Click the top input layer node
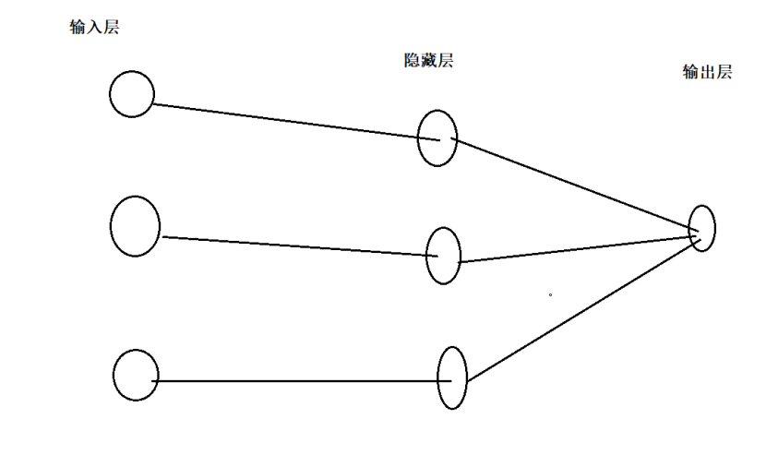132,94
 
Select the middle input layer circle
135,226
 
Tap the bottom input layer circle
136,375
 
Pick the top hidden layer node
437,138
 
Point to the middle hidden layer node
443,256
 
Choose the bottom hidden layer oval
452,377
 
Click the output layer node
702,228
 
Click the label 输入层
94,28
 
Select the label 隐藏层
429,61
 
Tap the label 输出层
707,73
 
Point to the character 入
94,28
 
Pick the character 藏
429,61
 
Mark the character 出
707,73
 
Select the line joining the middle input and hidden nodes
295,245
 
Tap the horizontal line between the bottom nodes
295,380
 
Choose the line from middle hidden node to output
577,250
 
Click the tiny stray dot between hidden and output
551,295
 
